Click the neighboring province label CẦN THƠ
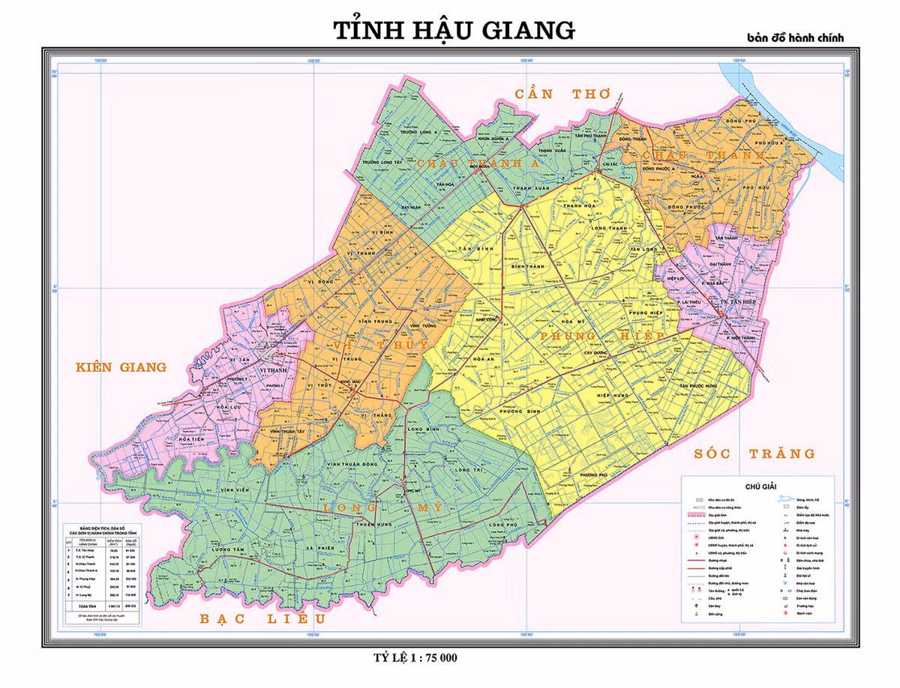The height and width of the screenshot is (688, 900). [x=562, y=94]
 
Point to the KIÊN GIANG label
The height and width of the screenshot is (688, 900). [x=120, y=367]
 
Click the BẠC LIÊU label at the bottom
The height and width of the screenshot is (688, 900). [x=262, y=619]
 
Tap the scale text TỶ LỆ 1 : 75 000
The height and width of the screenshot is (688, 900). [x=415, y=658]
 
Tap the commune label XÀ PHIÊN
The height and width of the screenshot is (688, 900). [x=321, y=549]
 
